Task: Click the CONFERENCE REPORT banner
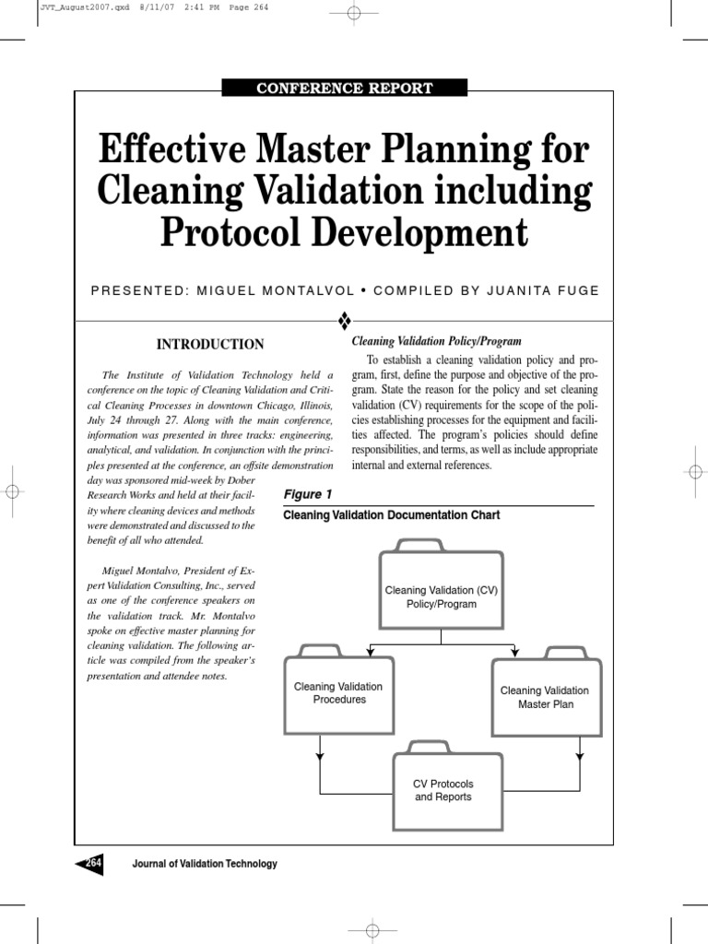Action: click(344, 88)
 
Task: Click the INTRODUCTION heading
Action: click(210, 344)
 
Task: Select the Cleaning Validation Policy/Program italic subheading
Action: click(436, 341)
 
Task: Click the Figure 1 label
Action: click(307, 494)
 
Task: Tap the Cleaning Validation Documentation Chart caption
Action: click(391, 515)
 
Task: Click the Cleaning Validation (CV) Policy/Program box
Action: click(441, 596)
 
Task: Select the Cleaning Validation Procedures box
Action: click(337, 692)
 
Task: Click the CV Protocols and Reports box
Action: click(442, 790)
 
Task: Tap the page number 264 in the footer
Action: click(92, 863)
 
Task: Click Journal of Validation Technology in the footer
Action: click(205, 864)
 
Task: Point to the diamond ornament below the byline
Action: click(345, 320)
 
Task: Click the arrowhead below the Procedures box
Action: click(320, 756)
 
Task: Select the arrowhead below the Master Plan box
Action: click(578, 756)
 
